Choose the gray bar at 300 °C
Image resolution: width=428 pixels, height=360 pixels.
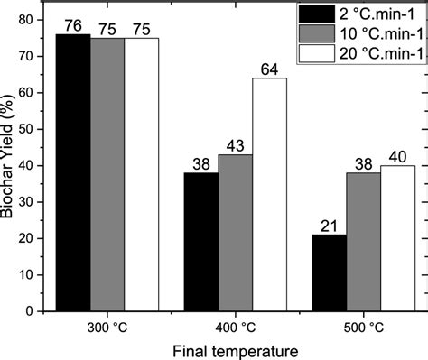pyautogui.click(x=107, y=174)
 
